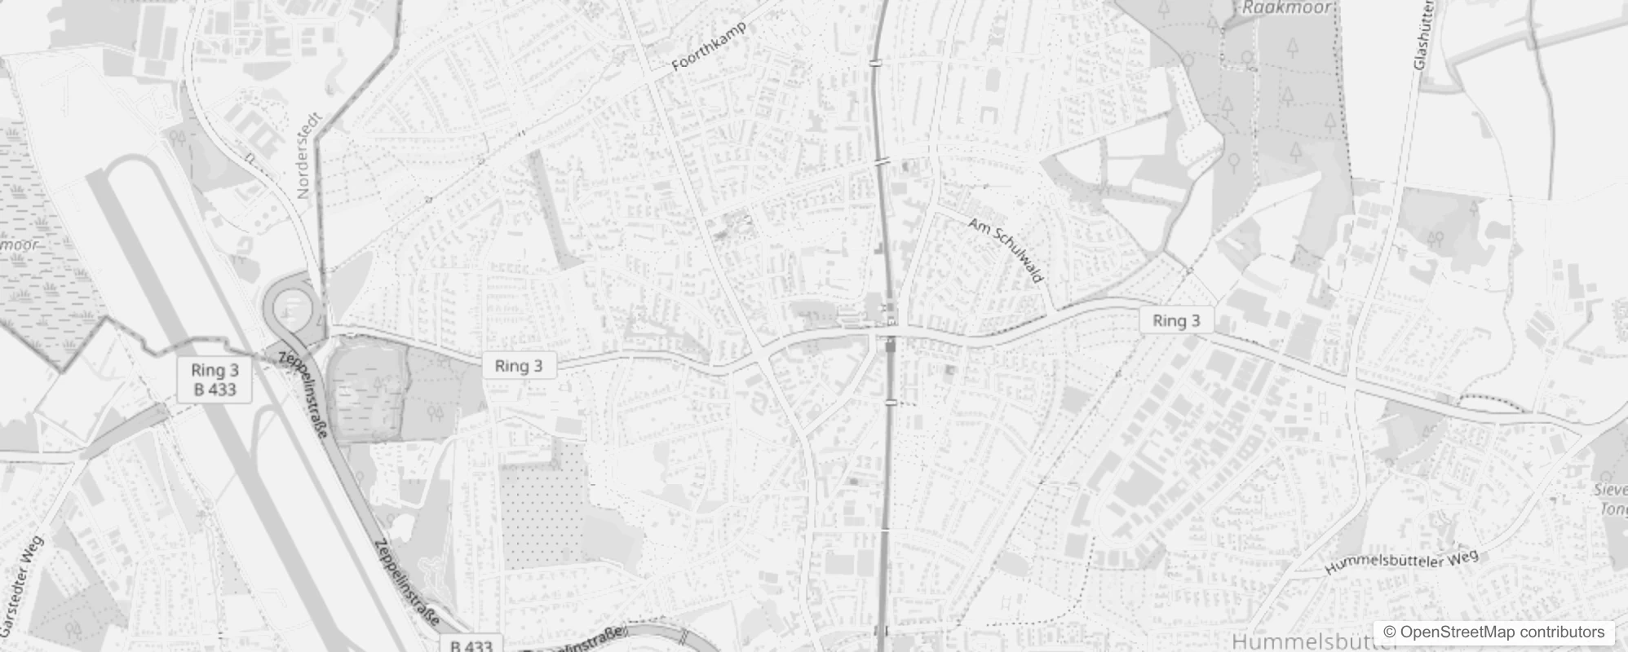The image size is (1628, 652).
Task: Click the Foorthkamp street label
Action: click(708, 47)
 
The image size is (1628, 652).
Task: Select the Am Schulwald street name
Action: click(1006, 249)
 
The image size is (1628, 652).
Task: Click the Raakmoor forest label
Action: click(1286, 8)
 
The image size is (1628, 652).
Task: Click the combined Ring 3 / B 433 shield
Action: click(215, 380)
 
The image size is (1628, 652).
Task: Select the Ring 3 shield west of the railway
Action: click(519, 366)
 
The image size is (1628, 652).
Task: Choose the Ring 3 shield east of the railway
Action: click(1176, 320)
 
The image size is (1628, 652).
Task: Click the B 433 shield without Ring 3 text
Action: click(471, 645)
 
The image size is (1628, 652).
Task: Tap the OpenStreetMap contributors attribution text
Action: click(1502, 632)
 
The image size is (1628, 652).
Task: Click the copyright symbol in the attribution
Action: click(1388, 632)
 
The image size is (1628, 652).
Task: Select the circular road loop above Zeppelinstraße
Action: click(290, 306)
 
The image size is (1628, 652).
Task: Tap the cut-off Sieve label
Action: click(1611, 490)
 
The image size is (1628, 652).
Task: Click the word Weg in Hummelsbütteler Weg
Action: click(1461, 557)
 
